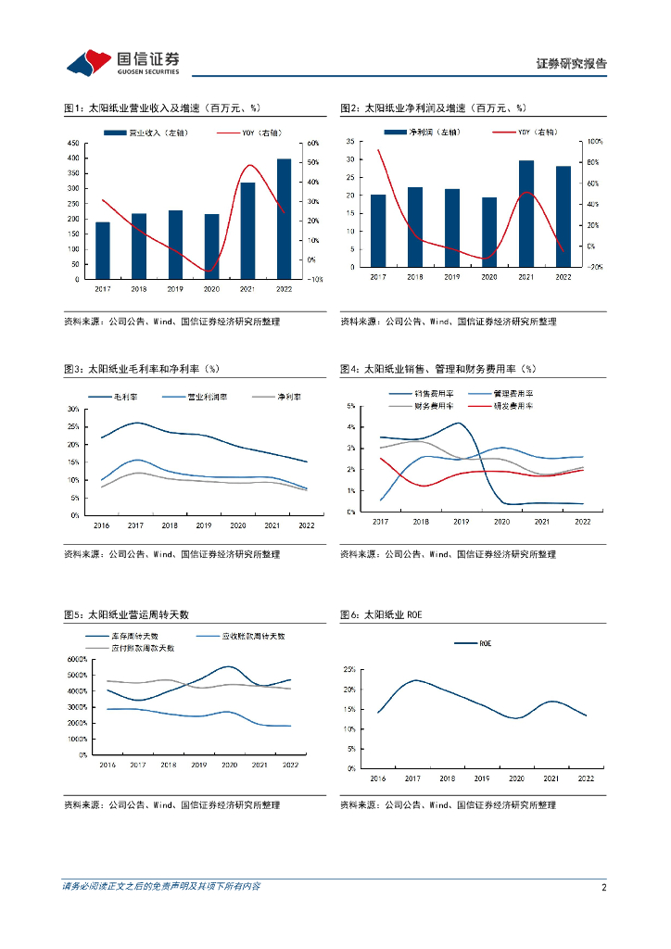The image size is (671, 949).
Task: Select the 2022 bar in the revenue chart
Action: coord(284,219)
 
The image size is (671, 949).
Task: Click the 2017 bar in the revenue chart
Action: coord(103,250)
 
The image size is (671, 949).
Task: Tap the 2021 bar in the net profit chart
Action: coord(526,213)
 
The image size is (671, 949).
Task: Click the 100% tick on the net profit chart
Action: coord(595,142)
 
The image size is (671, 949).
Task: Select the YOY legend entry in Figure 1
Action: coord(260,133)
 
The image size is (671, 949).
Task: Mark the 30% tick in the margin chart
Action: coord(72,409)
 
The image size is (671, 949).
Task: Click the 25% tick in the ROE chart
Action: coord(349,668)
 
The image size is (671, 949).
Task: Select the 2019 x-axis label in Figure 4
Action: coord(461,522)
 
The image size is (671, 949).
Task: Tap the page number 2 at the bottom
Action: coord(604,887)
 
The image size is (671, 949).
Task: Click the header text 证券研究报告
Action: coord(572,64)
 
